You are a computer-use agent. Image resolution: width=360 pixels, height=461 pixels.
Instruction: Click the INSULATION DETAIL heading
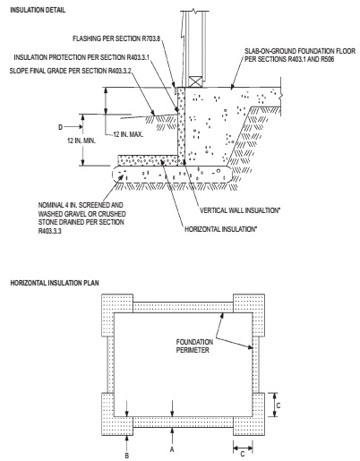pos(38,10)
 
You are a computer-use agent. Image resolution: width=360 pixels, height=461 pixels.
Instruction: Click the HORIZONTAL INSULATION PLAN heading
pos(55,283)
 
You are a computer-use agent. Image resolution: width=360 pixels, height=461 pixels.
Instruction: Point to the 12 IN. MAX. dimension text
pos(128,134)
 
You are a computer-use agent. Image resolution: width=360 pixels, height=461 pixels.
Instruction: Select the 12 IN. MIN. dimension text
pos(81,141)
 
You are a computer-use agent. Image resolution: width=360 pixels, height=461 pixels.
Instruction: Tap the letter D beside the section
pos(61,127)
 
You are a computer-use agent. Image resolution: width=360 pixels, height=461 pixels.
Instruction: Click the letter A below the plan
pos(172,449)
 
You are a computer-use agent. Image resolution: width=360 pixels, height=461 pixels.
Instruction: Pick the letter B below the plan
pos(127,456)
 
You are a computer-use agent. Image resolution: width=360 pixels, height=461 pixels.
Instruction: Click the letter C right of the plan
pos(279,406)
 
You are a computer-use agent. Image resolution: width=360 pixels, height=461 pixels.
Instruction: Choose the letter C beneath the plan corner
pos(243,454)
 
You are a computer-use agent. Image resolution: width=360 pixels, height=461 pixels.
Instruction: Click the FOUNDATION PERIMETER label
pos(194,346)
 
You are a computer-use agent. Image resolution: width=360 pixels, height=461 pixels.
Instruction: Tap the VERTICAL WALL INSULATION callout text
pos(240,210)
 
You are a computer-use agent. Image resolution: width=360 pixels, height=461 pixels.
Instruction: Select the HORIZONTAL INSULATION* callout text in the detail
pos(221,229)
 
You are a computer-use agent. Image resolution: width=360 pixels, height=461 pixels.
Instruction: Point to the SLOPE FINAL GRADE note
pos(71,71)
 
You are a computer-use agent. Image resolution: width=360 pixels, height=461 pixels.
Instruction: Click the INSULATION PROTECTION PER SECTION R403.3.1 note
pos(81,57)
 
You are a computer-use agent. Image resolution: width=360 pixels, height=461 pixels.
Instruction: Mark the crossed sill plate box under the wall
pos(196,81)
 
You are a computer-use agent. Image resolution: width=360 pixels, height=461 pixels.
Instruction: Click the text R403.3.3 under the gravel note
pos(50,231)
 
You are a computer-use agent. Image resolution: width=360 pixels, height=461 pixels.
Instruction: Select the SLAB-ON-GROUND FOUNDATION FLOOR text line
pos(300,51)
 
